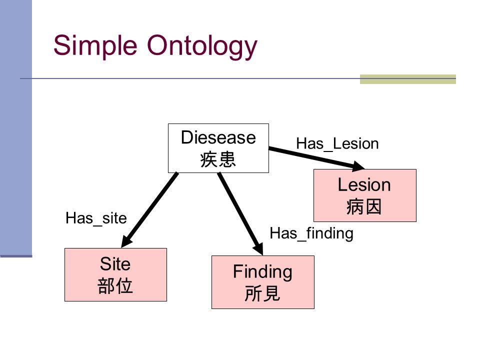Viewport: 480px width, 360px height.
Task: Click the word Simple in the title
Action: (x=95, y=46)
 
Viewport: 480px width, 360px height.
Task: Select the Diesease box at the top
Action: (x=218, y=148)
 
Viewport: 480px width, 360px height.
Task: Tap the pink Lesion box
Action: (x=365, y=195)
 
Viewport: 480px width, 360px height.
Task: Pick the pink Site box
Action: (x=115, y=274)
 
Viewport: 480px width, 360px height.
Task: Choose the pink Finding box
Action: (x=263, y=282)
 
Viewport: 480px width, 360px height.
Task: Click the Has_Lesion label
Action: (x=337, y=144)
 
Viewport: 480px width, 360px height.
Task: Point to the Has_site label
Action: (x=96, y=218)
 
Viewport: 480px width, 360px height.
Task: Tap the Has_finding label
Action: (x=311, y=233)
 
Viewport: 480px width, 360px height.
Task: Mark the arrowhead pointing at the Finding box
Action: (x=258, y=248)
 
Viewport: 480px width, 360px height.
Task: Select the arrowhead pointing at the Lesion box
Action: (x=357, y=166)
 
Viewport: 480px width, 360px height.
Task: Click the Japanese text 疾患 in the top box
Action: (x=218, y=159)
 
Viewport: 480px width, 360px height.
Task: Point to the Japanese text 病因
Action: (x=364, y=206)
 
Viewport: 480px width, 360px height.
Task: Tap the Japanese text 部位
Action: (x=115, y=286)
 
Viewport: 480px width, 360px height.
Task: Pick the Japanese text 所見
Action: (x=262, y=293)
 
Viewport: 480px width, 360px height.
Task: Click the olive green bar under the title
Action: (x=408, y=79)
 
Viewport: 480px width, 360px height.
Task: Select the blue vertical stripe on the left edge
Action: (x=16, y=128)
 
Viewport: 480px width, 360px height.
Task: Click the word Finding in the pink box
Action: (x=262, y=272)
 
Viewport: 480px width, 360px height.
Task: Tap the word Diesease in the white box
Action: (x=218, y=137)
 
